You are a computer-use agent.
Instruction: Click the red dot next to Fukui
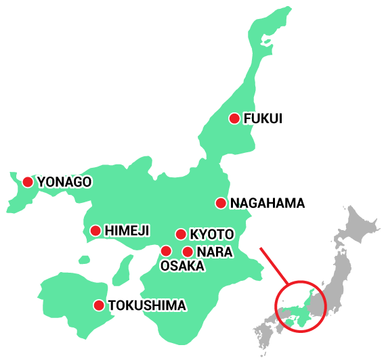click(x=234, y=118)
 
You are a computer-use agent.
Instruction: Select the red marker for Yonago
click(x=28, y=181)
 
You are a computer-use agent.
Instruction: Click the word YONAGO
click(x=64, y=182)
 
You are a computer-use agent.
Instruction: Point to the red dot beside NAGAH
click(x=221, y=203)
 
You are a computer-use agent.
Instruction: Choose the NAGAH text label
click(x=253, y=203)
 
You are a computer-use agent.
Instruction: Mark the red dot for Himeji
click(x=95, y=231)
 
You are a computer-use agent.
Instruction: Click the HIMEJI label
click(x=127, y=231)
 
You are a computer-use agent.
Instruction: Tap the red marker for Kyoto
click(x=181, y=234)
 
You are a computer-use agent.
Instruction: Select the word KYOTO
click(x=212, y=235)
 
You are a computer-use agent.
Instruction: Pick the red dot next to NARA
click(x=188, y=252)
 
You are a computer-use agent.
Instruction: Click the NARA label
click(x=215, y=252)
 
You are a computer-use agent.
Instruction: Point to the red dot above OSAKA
click(x=166, y=251)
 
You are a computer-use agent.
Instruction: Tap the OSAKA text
click(x=182, y=267)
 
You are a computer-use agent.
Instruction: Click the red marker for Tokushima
click(x=99, y=305)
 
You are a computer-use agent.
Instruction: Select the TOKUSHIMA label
click(x=147, y=306)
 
